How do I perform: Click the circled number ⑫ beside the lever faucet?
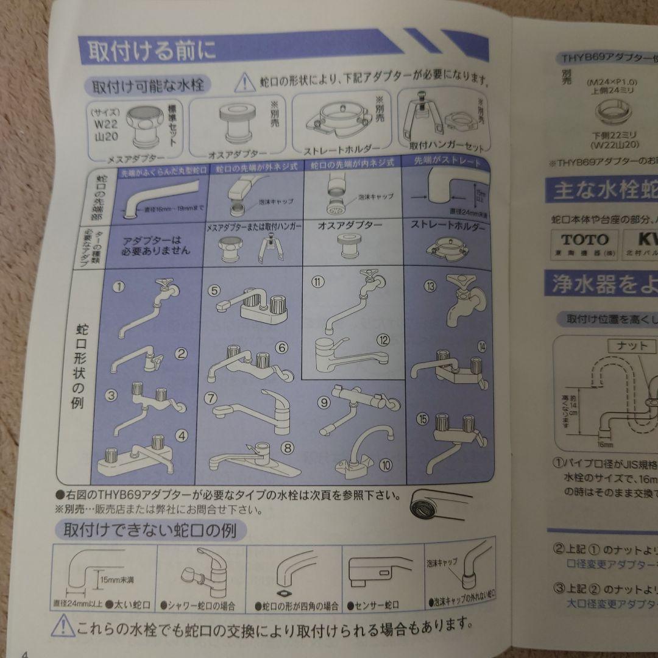[383, 340]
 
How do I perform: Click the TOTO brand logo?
[584, 239]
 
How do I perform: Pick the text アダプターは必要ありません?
[157, 246]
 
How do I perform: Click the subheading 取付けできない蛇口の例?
[150, 529]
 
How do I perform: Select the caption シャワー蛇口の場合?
[202, 606]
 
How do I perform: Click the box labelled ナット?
[632, 345]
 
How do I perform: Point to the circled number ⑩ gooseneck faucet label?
[385, 465]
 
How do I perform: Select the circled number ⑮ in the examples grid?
[422, 419]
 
